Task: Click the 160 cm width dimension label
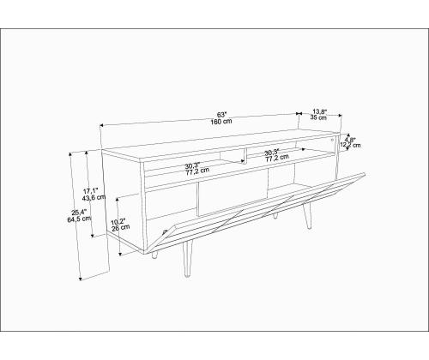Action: pos(221,121)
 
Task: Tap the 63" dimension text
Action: pos(221,115)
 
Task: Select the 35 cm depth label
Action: pos(318,117)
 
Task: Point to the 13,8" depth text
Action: pos(319,111)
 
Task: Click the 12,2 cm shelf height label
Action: pos(351,145)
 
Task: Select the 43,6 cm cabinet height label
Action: pos(94,197)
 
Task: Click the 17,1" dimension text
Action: pos(91,190)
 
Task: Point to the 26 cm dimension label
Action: pos(120,228)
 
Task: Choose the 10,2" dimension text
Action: pos(118,221)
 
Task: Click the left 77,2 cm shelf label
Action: pos(197,171)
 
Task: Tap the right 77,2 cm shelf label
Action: pos(277,158)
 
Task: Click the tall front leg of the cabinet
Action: pos(187,259)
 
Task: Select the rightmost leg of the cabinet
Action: pos(308,216)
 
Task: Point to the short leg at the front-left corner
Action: pos(154,255)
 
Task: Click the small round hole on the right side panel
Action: pos(332,140)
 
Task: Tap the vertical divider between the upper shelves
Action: pos(245,156)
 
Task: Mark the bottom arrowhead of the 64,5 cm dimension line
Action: pos(81,279)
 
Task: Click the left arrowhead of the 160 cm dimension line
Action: pos(101,125)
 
